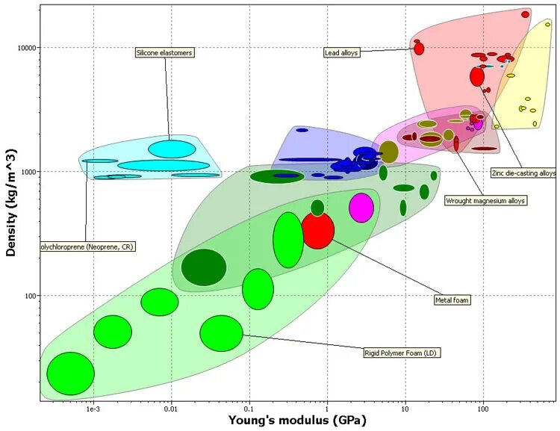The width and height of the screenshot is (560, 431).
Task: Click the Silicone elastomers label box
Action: pos(165,53)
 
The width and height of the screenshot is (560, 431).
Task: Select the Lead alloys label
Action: pos(343,52)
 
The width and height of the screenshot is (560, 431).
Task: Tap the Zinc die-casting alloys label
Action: pos(523,173)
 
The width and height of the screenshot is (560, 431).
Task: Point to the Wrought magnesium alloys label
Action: pos(485,200)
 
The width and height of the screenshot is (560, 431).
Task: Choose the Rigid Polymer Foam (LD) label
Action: pos(399,353)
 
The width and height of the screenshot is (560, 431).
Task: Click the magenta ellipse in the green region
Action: pos(361,208)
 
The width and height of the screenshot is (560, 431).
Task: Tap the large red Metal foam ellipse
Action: pos(317,231)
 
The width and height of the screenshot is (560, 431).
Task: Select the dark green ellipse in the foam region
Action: pos(204,267)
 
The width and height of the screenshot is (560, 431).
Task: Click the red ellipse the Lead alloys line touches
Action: pos(419,49)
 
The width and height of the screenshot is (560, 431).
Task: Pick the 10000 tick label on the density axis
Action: pos(27,48)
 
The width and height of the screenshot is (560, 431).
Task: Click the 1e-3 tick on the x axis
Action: pos(93,409)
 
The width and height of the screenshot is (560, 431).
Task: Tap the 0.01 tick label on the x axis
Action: pos(171,409)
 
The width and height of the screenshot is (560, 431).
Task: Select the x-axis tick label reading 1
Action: pos(327,409)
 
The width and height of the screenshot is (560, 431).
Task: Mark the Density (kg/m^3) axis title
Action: pos(11,202)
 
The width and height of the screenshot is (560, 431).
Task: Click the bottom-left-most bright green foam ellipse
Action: pos(70,373)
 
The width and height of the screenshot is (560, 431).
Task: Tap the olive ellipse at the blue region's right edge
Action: pos(389,152)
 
